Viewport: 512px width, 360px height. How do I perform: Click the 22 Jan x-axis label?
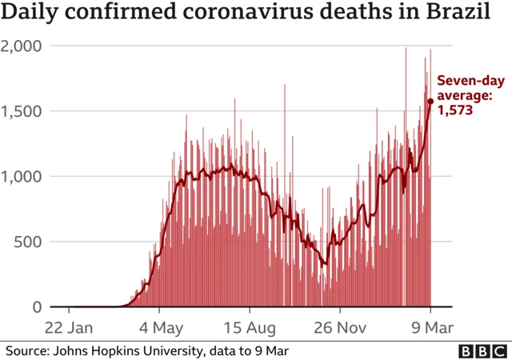click(x=69, y=327)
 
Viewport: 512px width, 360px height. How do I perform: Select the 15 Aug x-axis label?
click(x=250, y=327)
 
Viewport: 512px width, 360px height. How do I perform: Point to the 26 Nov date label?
click(x=340, y=327)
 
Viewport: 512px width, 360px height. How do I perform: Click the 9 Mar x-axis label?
click(x=430, y=327)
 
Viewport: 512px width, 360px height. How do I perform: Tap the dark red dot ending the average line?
click(x=430, y=101)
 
